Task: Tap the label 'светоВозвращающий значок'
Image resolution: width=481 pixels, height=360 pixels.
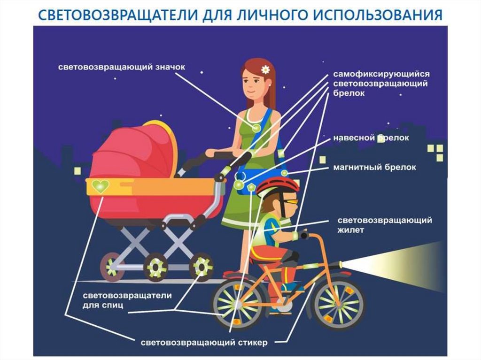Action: [122, 67]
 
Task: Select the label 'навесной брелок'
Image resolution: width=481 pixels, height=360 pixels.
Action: [371, 138]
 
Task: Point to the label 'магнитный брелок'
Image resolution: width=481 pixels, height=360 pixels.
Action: [374, 167]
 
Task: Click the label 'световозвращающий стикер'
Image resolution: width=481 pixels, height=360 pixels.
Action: [204, 343]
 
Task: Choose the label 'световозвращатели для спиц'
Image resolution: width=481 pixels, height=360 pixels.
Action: [127, 300]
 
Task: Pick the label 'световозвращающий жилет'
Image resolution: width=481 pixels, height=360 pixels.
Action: [385, 225]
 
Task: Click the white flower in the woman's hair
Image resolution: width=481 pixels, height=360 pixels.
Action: [265, 69]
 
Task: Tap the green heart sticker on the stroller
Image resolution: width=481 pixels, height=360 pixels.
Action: [101, 186]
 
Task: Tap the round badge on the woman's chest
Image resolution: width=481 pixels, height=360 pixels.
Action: [256, 127]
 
